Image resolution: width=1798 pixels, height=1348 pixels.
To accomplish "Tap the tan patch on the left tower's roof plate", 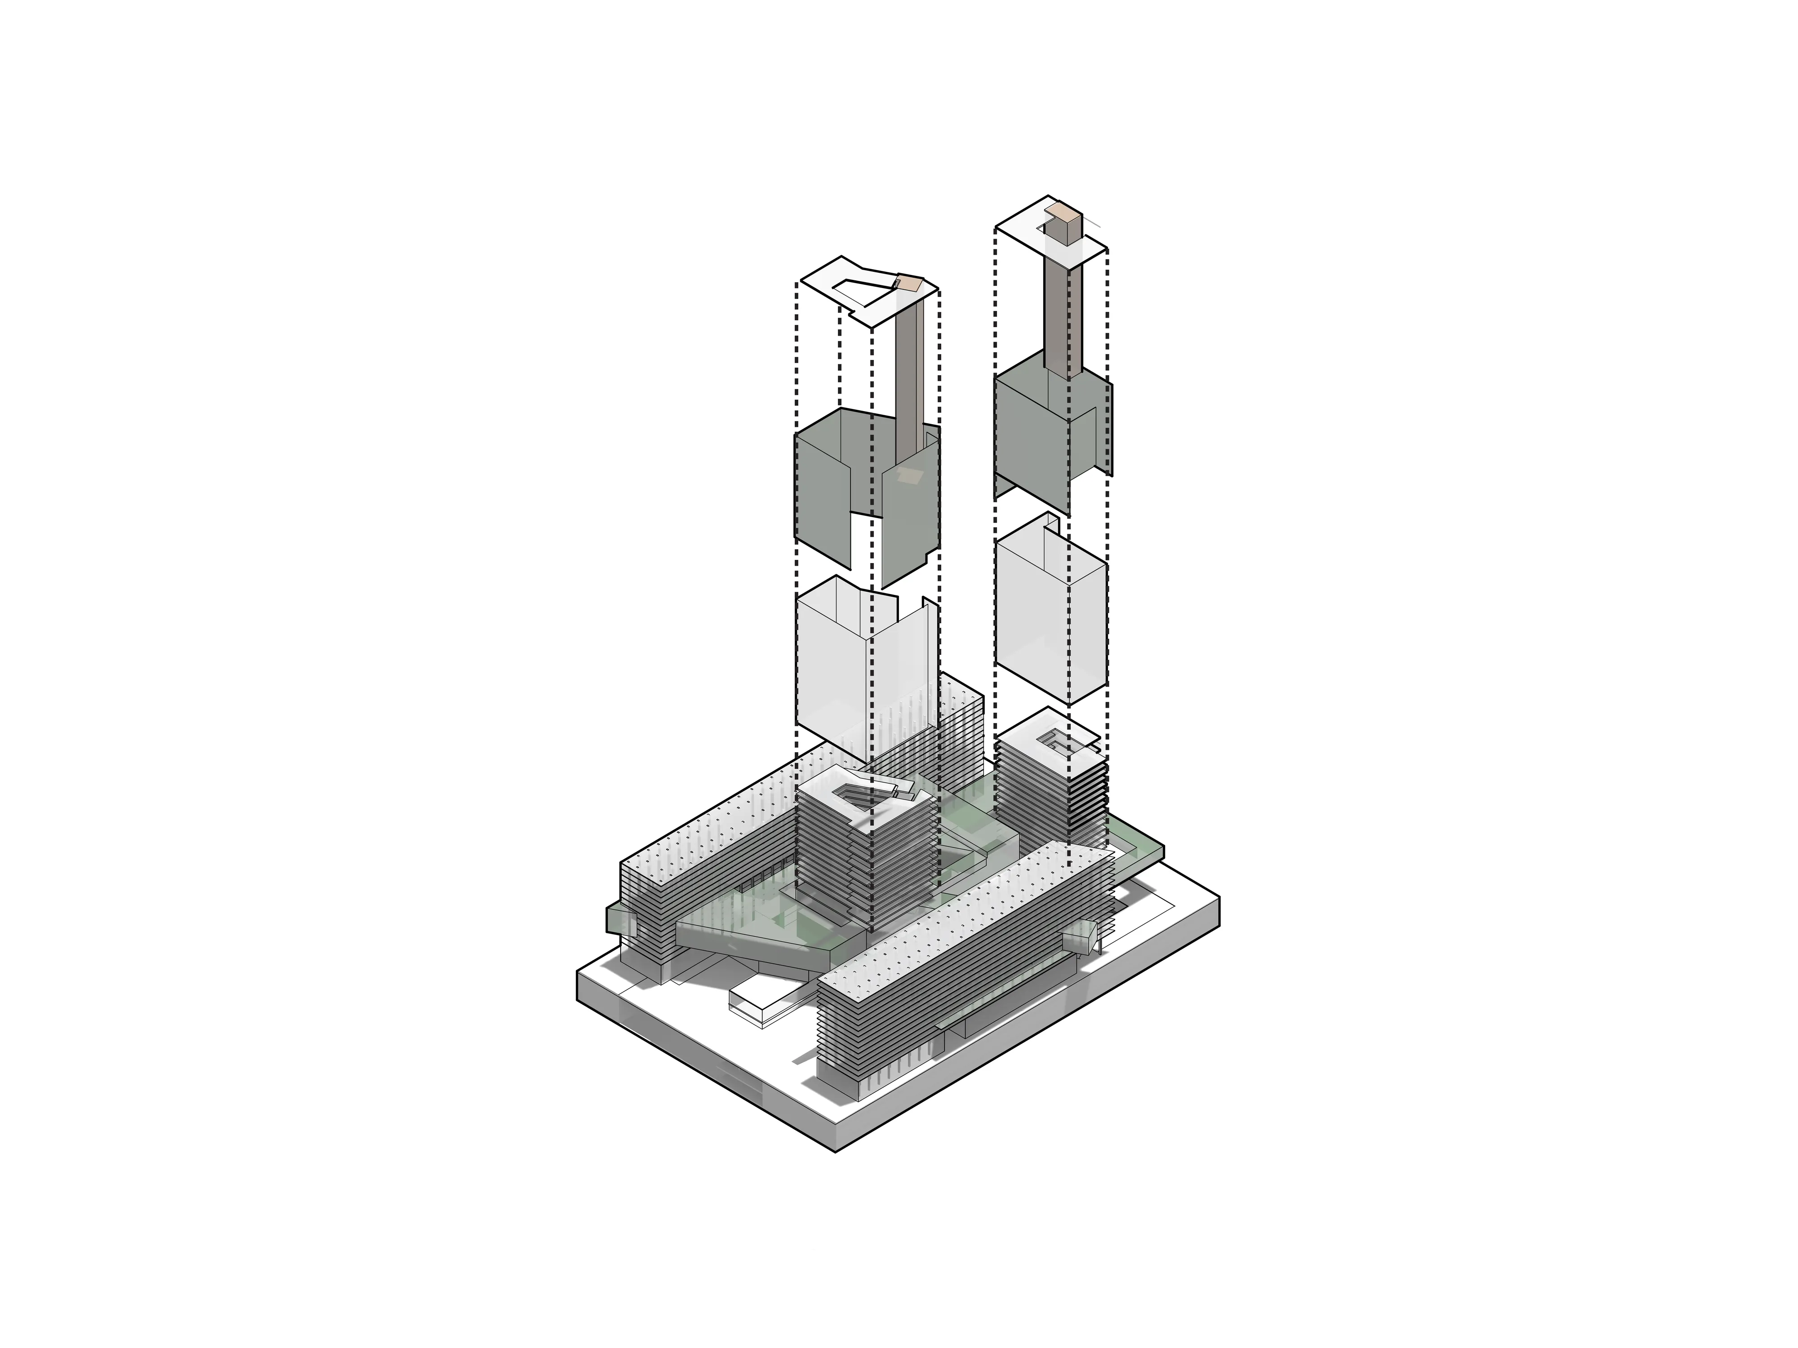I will point(910,284).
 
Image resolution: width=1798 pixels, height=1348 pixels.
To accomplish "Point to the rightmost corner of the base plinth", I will point(1219,898).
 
